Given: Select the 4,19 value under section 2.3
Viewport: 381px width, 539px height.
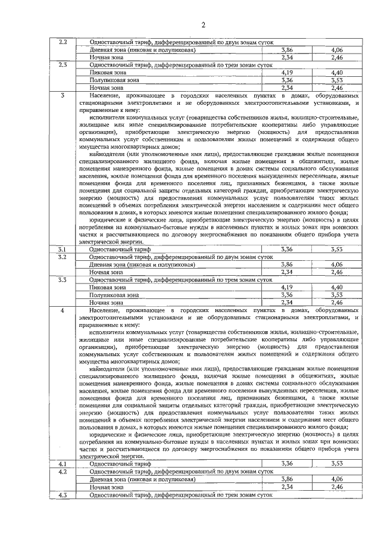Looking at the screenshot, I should click(287, 71).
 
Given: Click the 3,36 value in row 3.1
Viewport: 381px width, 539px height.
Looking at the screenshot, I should click(287, 248).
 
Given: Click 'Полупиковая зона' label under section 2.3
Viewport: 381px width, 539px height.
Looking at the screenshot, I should click(114, 79).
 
